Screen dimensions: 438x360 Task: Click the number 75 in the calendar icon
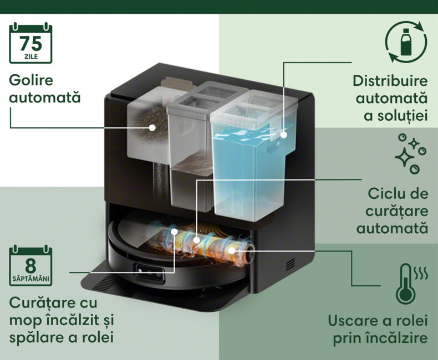pos(30,44)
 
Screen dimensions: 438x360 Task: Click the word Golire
pos(31,81)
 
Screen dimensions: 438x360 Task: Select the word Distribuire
pos(390,81)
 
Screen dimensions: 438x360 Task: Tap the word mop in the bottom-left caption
pos(25,321)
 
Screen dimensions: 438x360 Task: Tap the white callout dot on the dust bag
pos(152,127)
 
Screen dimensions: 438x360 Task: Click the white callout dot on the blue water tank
pos(283,135)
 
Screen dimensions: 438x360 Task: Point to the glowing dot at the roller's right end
pos(232,250)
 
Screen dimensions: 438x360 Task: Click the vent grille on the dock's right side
pos(291,264)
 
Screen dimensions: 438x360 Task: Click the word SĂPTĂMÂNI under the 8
pos(30,279)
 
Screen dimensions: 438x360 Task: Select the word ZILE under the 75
pos(31,57)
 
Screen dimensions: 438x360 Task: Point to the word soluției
pos(395,116)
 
